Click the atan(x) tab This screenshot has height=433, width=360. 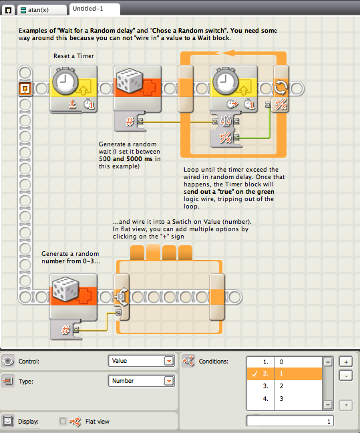pos(42,10)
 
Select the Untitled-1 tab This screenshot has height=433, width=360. pos(94,9)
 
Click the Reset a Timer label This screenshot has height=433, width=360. pos(73,56)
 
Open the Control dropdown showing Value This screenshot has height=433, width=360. pos(142,361)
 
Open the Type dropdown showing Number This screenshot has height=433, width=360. pos(142,381)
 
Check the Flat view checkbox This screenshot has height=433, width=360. pos(63,421)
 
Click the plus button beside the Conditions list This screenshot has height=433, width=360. pos(346,362)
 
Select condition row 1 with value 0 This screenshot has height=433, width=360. pos(285,362)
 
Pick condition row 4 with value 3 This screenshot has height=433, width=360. pos(285,398)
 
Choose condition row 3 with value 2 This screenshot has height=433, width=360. pos(285,386)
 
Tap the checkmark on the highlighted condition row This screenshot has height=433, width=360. pos(254,374)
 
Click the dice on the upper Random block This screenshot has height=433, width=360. pos(130,80)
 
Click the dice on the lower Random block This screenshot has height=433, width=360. pos(65,289)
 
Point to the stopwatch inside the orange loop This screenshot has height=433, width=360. pos(225,82)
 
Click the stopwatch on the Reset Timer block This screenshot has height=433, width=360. pos(65,82)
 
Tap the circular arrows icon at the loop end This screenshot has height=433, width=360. pos(281,88)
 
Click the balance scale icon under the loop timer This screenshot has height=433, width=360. pos(226,121)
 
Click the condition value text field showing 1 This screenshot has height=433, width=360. pos(290,421)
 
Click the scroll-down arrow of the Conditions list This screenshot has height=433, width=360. pos(328,405)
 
